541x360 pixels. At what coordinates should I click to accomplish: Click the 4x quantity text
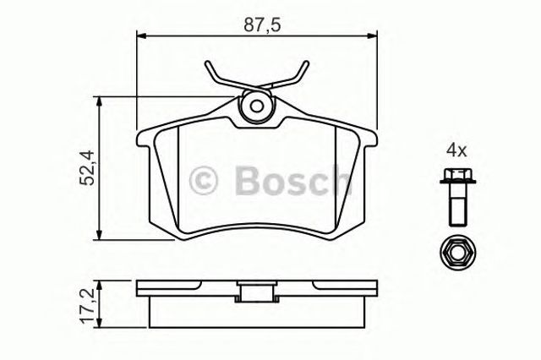(456, 150)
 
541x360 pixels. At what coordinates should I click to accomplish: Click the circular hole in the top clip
(257, 107)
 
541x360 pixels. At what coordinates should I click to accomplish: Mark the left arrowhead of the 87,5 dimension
(141, 35)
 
